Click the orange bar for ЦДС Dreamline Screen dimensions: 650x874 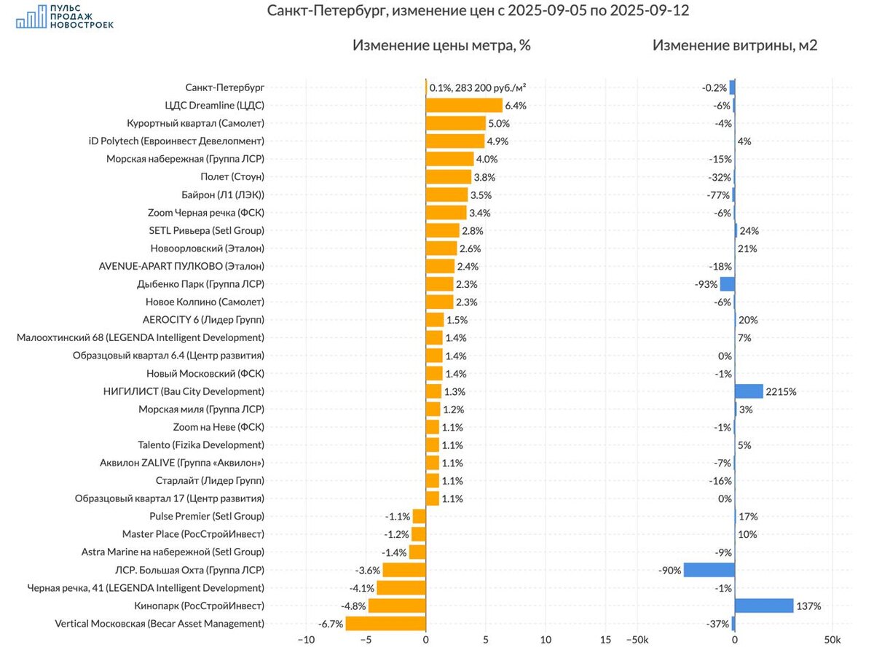pyautogui.click(x=464, y=105)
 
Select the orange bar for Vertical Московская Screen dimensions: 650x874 pyautogui.click(x=385, y=624)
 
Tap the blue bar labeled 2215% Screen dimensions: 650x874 pyautogui.click(x=749, y=391)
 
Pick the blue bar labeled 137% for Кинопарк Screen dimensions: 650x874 pyautogui.click(x=764, y=606)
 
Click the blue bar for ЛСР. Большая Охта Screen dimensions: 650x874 pyautogui.click(x=709, y=570)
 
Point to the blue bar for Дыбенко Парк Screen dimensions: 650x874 pyautogui.click(x=727, y=284)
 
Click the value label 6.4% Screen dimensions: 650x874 pyautogui.click(x=516, y=105)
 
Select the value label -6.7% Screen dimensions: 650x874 pyautogui.click(x=330, y=624)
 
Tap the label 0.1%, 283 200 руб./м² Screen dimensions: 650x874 pyautogui.click(x=478, y=87)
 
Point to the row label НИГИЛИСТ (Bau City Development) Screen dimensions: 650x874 pyautogui.click(x=184, y=391)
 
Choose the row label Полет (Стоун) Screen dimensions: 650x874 pyautogui.click(x=232, y=176)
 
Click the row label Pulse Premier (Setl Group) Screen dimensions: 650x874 pyautogui.click(x=207, y=517)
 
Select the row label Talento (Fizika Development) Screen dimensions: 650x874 pyautogui.click(x=201, y=445)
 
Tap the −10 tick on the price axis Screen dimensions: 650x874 pyautogui.click(x=306, y=640)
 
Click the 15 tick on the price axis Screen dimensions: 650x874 pyautogui.click(x=605, y=640)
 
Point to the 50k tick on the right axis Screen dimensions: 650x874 pyautogui.click(x=832, y=640)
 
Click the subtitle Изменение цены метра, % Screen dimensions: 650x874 pyautogui.click(x=441, y=45)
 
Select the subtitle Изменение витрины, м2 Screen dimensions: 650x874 pyautogui.click(x=735, y=45)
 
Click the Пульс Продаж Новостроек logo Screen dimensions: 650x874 pyautogui.click(x=65, y=16)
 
